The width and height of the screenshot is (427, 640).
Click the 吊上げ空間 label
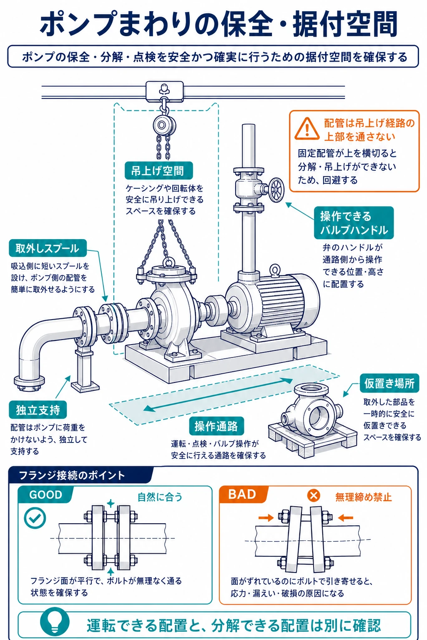pyautogui.click(x=159, y=171)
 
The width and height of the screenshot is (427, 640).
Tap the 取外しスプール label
pyautogui.click(x=48, y=248)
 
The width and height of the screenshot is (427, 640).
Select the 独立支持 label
pyautogui.click(x=38, y=410)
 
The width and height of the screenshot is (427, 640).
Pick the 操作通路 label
pyautogui.click(x=216, y=426)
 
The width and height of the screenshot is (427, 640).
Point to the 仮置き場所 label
pyautogui.click(x=389, y=383)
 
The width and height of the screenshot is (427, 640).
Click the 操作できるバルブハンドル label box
pyautogui.click(x=354, y=223)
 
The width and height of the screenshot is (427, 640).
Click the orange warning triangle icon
pyautogui.click(x=307, y=129)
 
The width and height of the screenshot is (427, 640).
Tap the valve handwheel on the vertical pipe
pyautogui.click(x=276, y=190)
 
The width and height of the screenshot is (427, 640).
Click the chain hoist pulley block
pyautogui.click(x=164, y=125)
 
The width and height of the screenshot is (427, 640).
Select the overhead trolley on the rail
pyautogui.click(x=164, y=91)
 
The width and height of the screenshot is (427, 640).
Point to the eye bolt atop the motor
pyautogui.click(x=275, y=270)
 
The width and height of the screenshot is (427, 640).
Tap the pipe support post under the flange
pyautogui.click(x=84, y=369)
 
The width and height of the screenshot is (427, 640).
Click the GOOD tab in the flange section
pyautogui.click(x=45, y=494)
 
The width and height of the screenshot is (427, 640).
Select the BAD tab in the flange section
pyautogui.click(x=242, y=494)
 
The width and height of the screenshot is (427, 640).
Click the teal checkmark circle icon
pyautogui.click(x=35, y=518)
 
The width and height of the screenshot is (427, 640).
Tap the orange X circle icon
pyautogui.click(x=314, y=495)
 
